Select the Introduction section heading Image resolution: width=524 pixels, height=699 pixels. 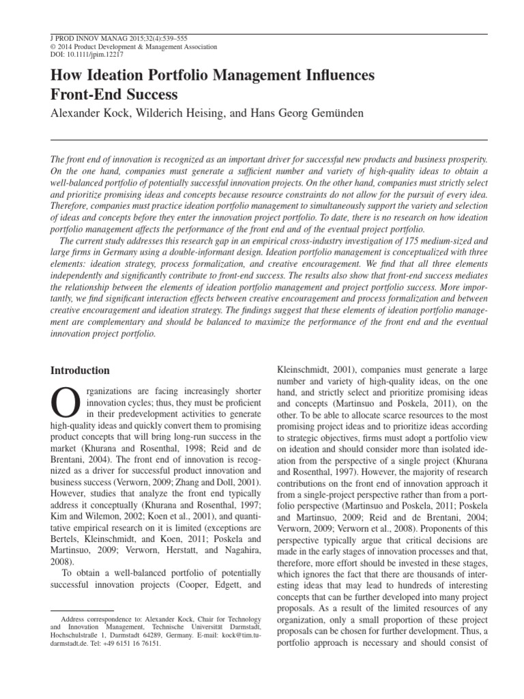tap(81, 371)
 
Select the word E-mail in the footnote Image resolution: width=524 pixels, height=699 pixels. tap(204, 633)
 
